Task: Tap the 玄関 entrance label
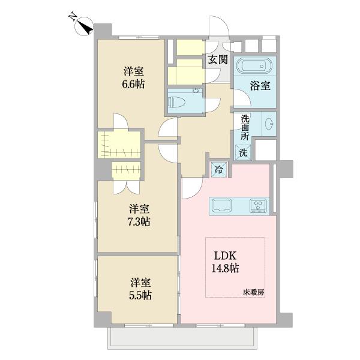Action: pyautogui.click(x=218, y=59)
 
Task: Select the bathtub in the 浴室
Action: pyautogui.click(x=254, y=67)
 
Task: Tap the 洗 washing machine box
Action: pyautogui.click(x=243, y=152)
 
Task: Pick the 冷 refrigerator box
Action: pyautogui.click(x=219, y=170)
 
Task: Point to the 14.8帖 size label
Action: pyautogui.click(x=226, y=268)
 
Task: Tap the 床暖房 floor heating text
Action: pyautogui.click(x=254, y=292)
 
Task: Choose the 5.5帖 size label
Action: pyautogui.click(x=139, y=295)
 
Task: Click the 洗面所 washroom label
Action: pyautogui.click(x=245, y=127)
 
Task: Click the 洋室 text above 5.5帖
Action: pyautogui.click(x=139, y=282)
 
